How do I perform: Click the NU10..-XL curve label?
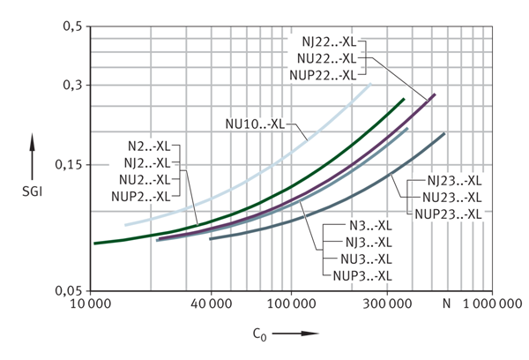click(x=250, y=124)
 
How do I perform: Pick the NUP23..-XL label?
click(x=446, y=213)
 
